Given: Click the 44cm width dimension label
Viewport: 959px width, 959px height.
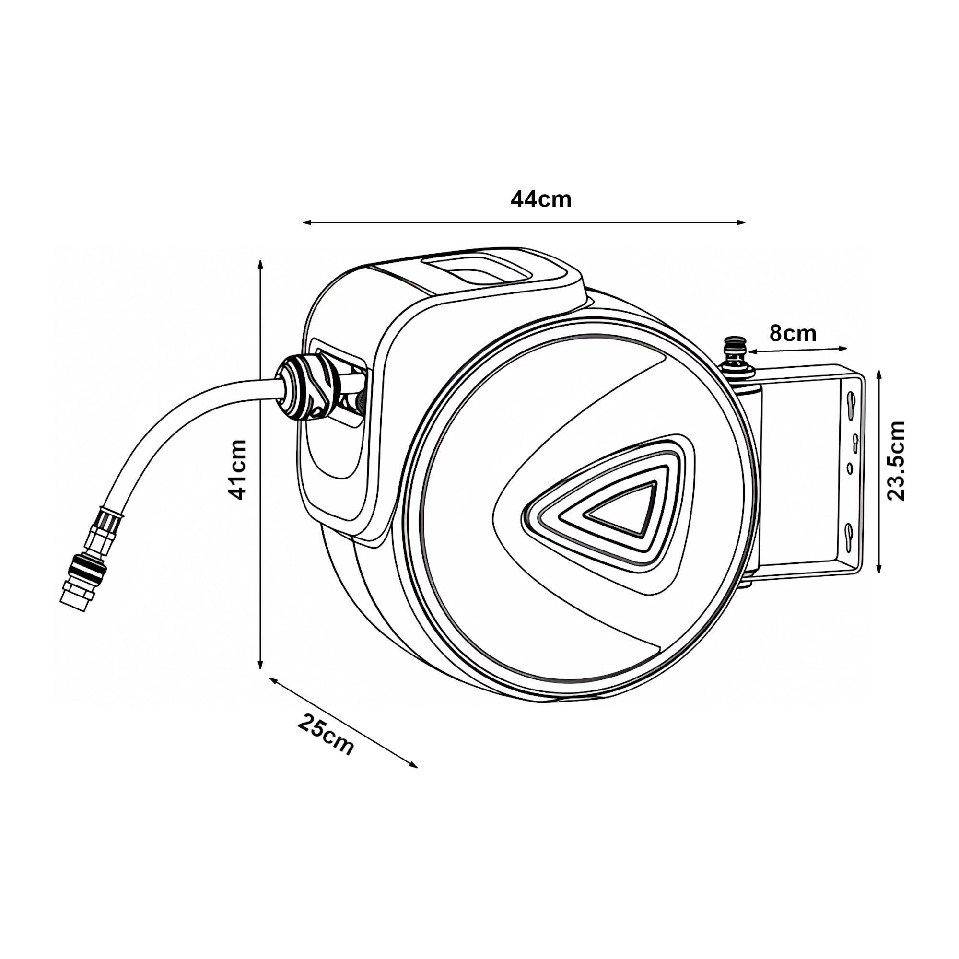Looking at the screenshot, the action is (x=541, y=199).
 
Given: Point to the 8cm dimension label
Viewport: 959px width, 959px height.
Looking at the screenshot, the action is (x=793, y=334).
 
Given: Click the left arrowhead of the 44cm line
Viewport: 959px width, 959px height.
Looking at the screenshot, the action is (x=307, y=222).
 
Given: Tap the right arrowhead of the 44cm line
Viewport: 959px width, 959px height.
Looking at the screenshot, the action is (x=742, y=222).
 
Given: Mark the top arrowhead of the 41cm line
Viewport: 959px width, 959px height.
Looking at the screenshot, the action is (x=260, y=265).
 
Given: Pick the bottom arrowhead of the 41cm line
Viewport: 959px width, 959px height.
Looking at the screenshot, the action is (x=260, y=664).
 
